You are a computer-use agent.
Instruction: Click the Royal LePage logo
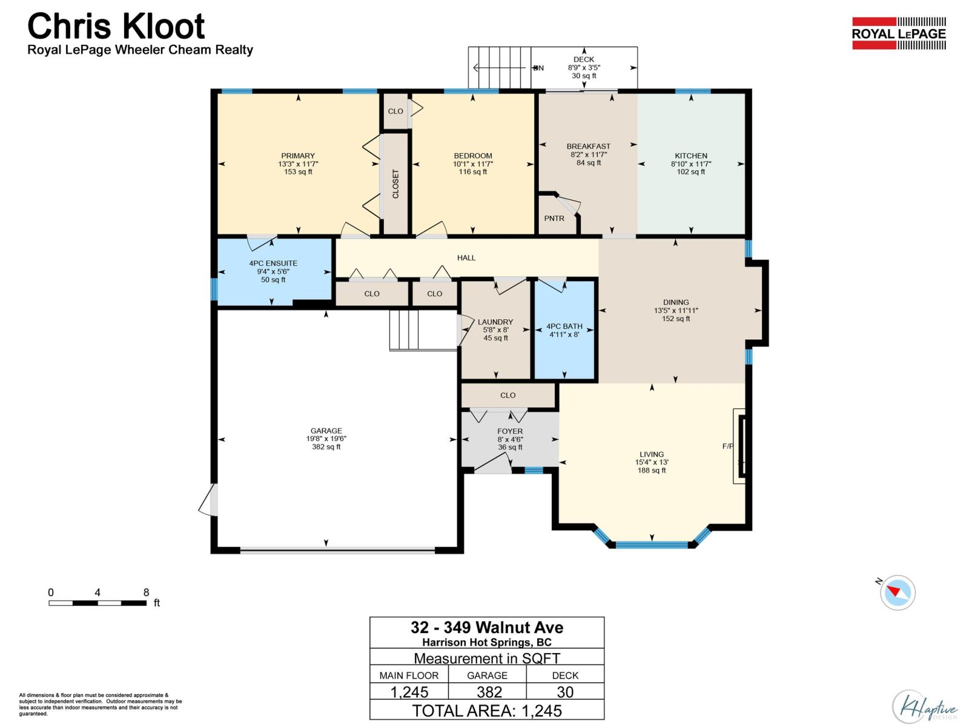(x=899, y=33)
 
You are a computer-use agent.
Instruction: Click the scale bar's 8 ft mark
(x=146, y=593)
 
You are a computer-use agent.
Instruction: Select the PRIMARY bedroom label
(x=298, y=156)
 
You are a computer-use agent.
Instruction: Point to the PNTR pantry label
(x=554, y=218)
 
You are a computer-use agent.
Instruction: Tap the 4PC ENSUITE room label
(x=273, y=264)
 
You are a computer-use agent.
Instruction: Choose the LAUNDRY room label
(x=495, y=322)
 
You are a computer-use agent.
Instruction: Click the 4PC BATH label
(x=564, y=327)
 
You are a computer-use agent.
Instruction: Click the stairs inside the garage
(x=405, y=330)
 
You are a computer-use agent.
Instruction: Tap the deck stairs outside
(x=500, y=67)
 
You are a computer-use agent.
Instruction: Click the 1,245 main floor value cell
(x=409, y=692)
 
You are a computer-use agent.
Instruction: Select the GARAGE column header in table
(x=487, y=675)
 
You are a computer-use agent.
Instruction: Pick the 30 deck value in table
(x=565, y=692)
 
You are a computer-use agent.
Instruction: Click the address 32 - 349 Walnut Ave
(x=487, y=627)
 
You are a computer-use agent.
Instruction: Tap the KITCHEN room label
(x=691, y=156)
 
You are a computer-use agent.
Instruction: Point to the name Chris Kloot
(x=116, y=27)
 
